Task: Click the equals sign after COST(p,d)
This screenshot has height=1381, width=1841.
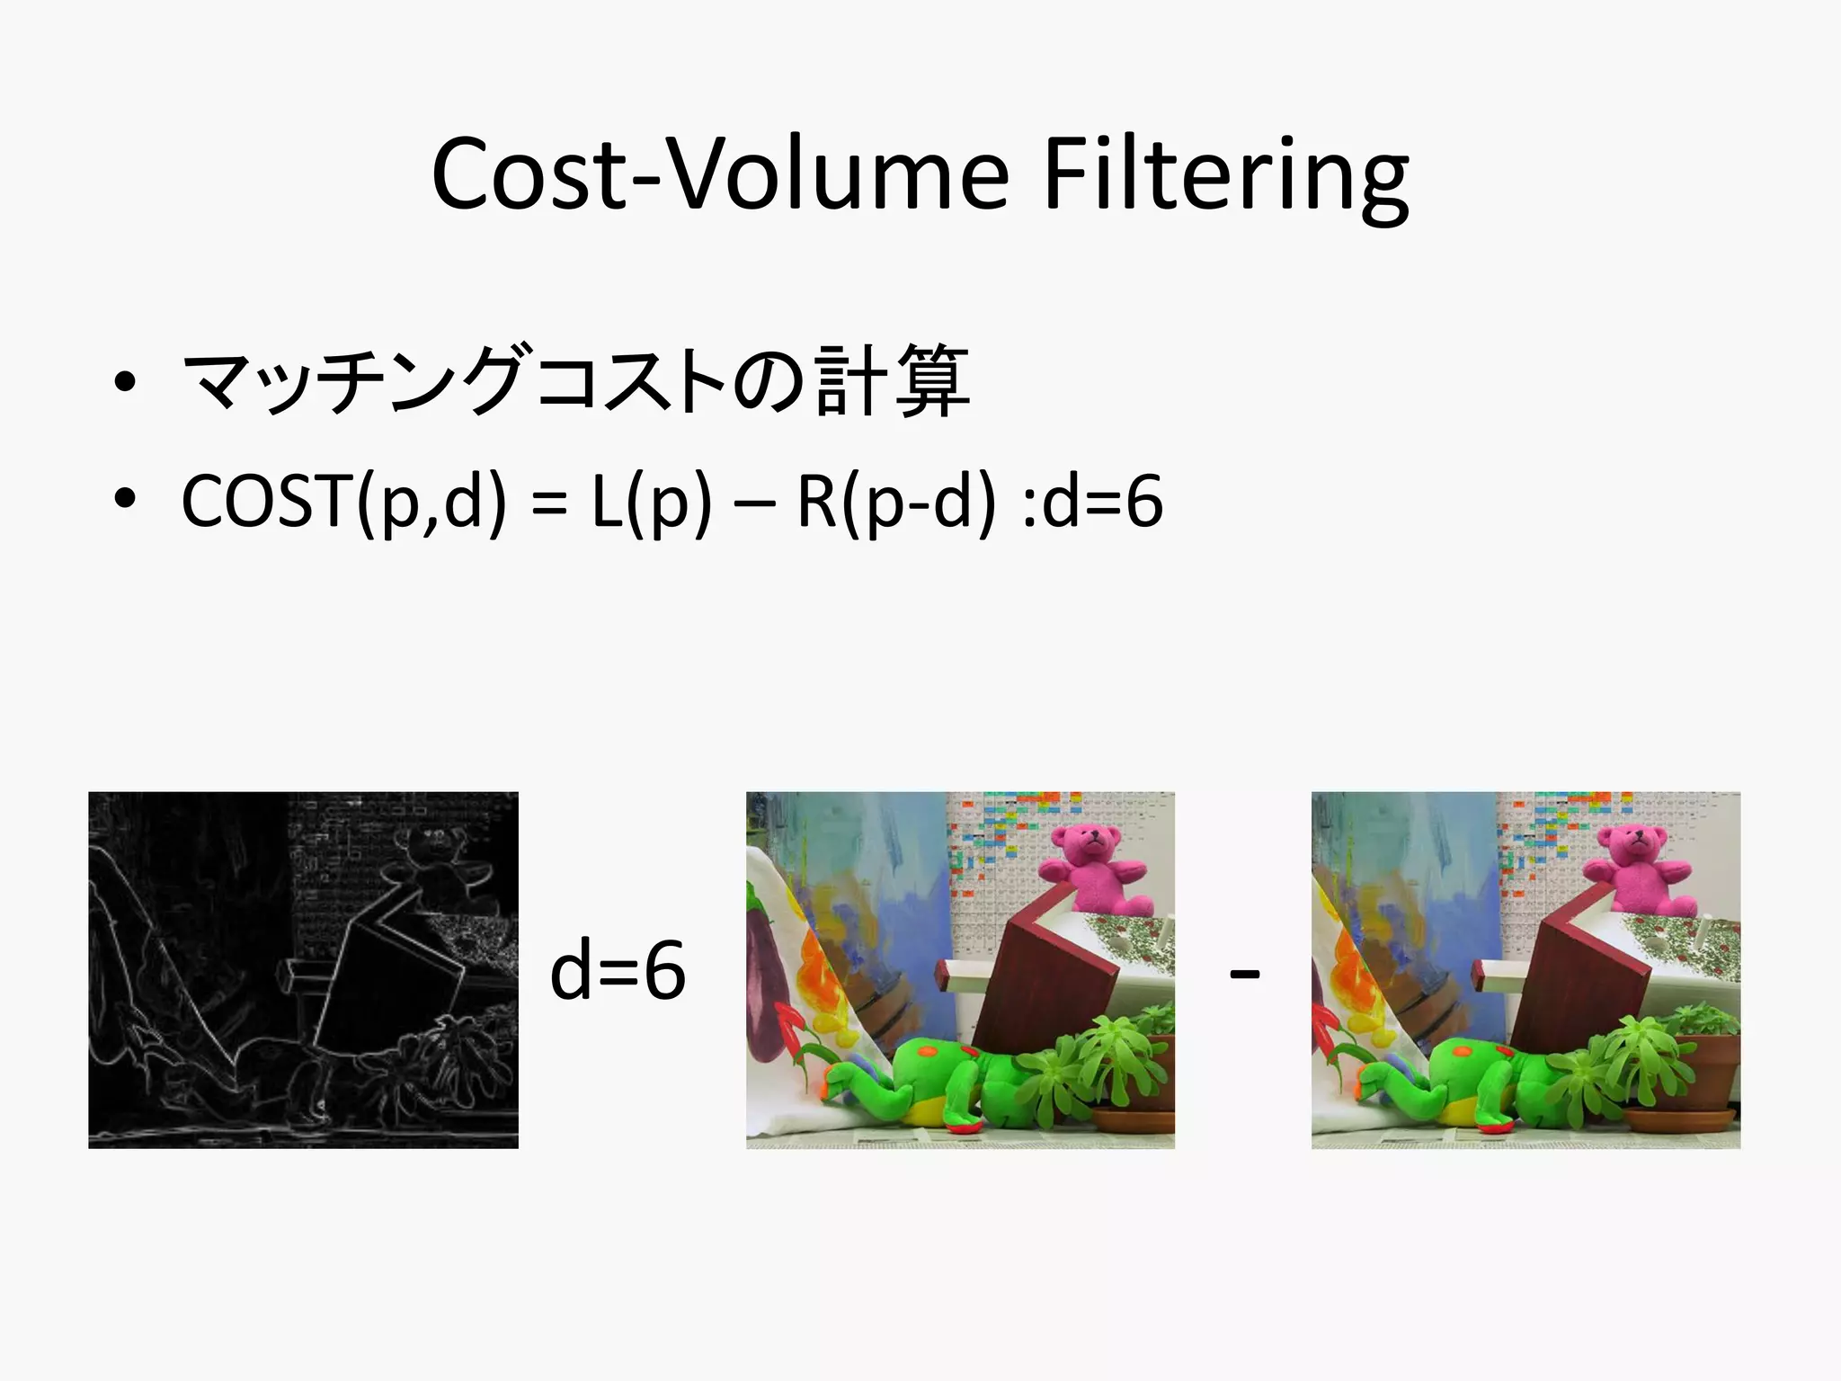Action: pos(548,503)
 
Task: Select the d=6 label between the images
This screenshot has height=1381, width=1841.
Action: pos(618,971)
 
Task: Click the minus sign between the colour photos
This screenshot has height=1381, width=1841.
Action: pos(1244,973)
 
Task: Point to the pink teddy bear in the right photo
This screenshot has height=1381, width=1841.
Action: pos(1636,868)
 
